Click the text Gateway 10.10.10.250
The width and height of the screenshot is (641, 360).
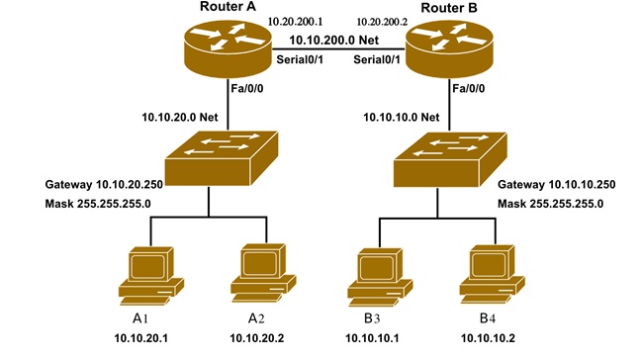tap(556, 185)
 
